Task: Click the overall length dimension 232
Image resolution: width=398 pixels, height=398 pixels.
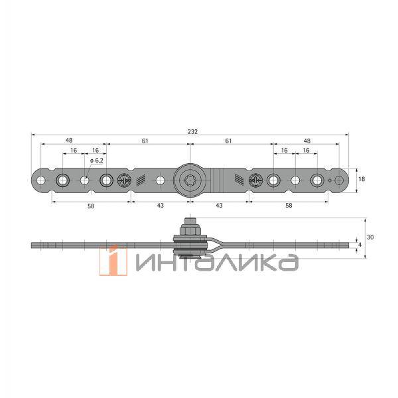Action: tap(192, 132)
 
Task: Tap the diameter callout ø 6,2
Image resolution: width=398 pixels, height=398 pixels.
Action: tap(97, 161)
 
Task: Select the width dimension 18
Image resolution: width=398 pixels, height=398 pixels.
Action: tap(362, 179)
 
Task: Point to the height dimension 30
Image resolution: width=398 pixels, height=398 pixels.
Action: tap(370, 237)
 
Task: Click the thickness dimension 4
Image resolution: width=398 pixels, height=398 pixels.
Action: tap(360, 245)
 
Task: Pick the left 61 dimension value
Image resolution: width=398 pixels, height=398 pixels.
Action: tap(145, 141)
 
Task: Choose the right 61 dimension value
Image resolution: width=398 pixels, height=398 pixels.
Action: tap(228, 141)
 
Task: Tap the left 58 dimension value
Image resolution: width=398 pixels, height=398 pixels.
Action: tap(91, 206)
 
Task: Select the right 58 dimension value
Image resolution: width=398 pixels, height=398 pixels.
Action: tap(289, 206)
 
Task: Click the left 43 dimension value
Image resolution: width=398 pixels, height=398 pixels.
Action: tap(160, 206)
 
